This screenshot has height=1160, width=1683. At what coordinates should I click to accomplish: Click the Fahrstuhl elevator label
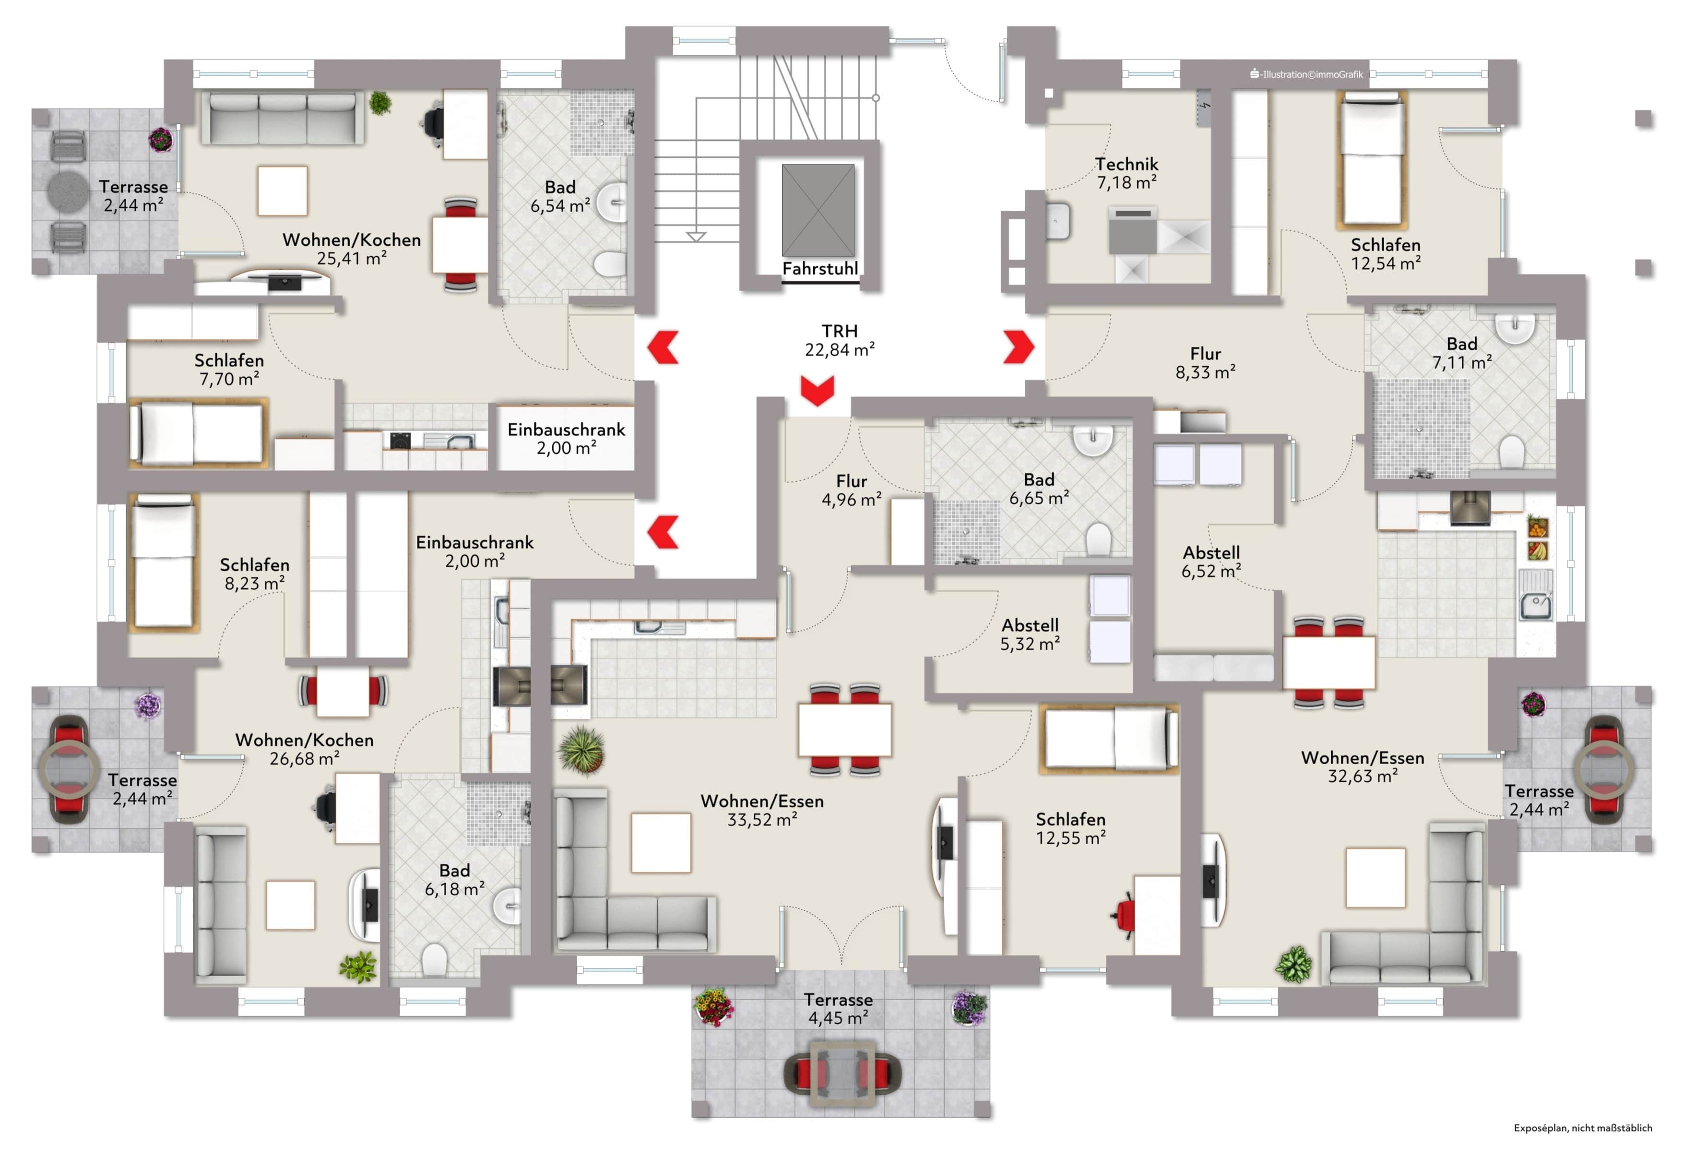[x=819, y=269]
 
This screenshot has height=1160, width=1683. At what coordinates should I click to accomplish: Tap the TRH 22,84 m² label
[x=839, y=340]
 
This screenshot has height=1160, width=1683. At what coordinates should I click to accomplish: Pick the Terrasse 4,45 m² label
[x=838, y=1009]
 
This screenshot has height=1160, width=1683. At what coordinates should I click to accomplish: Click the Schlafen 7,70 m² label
[x=229, y=369]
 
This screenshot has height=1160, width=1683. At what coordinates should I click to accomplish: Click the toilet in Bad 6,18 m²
[x=434, y=959]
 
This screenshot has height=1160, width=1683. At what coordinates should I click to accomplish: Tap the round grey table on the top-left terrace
[x=68, y=191]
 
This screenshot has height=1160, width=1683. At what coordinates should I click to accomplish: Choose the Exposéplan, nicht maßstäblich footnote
[x=1582, y=1128]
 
